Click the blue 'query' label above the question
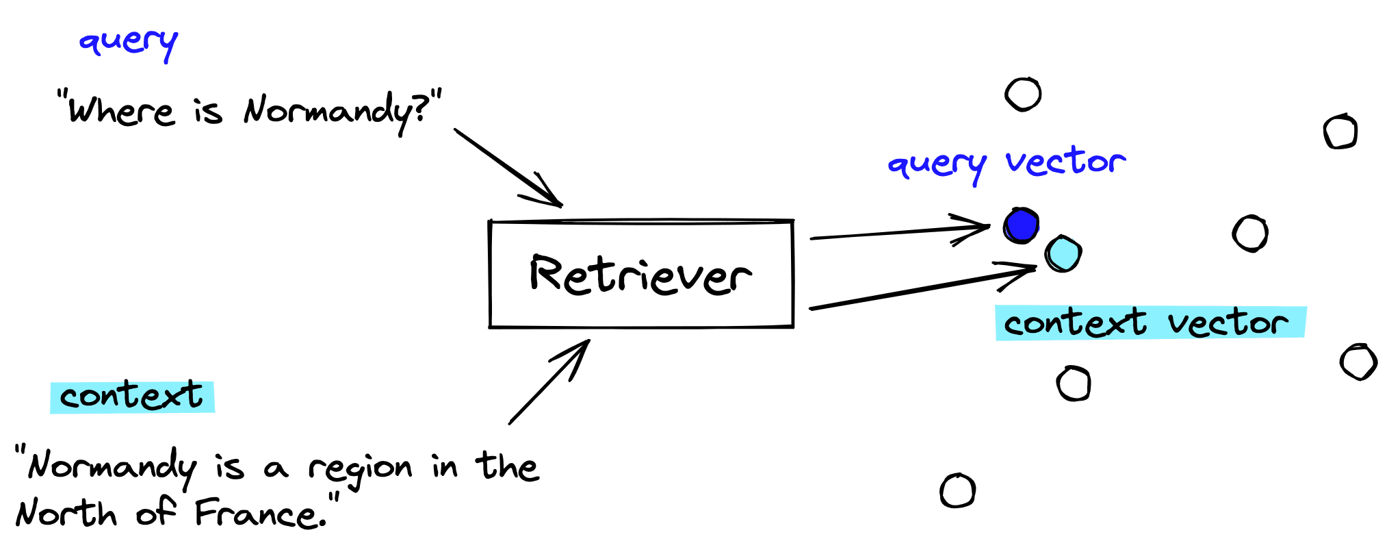pyautogui.click(x=128, y=42)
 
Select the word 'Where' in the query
pyautogui.click(x=122, y=111)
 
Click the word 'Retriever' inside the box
pyautogui.click(x=640, y=275)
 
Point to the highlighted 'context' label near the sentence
pyautogui.click(x=132, y=397)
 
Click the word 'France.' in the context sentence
pyautogui.click(x=260, y=514)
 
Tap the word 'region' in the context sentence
pyautogui.click(x=360, y=468)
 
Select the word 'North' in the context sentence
pyautogui.click(x=66, y=514)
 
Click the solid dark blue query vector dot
pyautogui.click(x=1021, y=225)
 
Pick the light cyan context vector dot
pyautogui.click(x=1063, y=253)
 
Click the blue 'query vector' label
pyautogui.click(x=1007, y=164)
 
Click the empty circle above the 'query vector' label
pyautogui.click(x=1023, y=94)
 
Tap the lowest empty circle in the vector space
pyautogui.click(x=957, y=490)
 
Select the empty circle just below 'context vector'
pyautogui.click(x=1074, y=383)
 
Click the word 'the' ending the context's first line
pyautogui.click(x=508, y=466)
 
